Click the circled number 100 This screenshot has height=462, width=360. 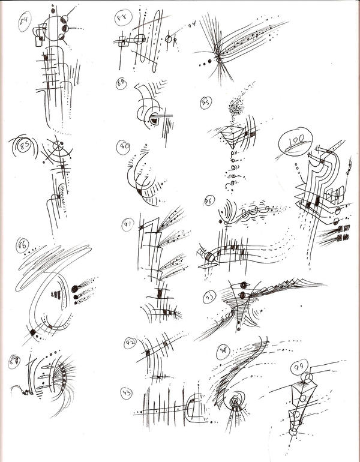coord(295,142)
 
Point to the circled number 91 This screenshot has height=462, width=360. coord(128,225)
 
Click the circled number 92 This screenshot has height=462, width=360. coord(131,344)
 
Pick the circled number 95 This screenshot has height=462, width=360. coord(206,103)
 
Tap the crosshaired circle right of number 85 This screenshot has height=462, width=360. coord(57,146)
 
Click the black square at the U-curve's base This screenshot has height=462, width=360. coord(32,332)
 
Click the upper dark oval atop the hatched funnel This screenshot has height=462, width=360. coord(244,284)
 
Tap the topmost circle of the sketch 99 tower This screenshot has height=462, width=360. coord(307,376)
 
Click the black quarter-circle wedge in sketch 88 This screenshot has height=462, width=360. coord(154,121)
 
